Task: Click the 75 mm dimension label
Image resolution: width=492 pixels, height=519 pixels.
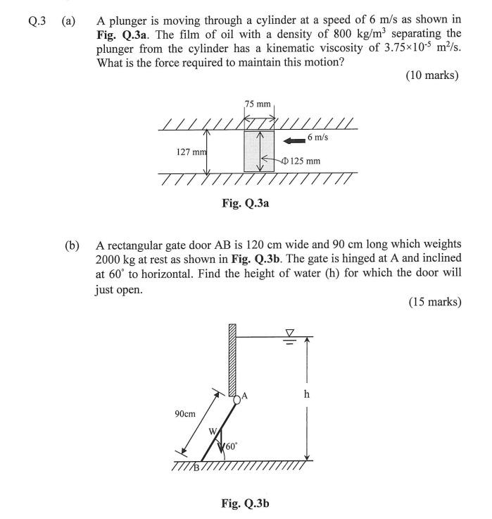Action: (x=258, y=104)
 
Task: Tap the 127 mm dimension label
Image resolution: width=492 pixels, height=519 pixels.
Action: (x=190, y=152)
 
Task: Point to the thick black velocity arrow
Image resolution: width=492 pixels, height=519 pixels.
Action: (x=292, y=140)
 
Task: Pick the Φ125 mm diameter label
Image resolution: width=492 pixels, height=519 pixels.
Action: (x=301, y=161)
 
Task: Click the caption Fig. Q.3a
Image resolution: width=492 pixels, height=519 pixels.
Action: (x=246, y=203)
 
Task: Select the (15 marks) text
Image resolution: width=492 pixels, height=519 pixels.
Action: (x=432, y=303)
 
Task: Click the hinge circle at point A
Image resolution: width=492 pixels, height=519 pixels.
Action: (x=238, y=398)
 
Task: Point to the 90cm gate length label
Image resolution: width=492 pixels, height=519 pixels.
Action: (x=185, y=414)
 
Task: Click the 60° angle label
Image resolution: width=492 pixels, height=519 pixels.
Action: (x=232, y=446)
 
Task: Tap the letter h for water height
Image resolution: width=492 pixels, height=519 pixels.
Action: (x=306, y=394)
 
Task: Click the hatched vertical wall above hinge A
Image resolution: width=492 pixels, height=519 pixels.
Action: (x=232, y=360)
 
